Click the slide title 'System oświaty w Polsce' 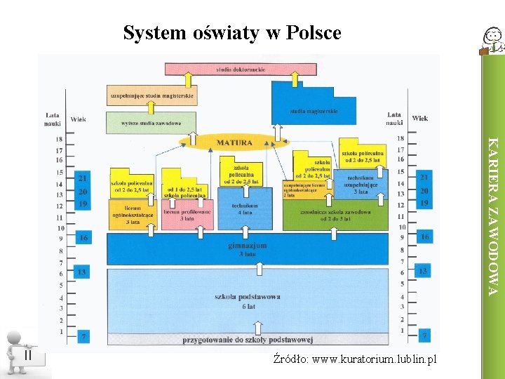click(232, 32)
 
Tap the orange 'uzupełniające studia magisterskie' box click(152, 95)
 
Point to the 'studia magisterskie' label click(314, 110)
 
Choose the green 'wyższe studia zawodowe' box click(151, 123)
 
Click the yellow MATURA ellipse click(234, 142)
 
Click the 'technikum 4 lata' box click(245, 208)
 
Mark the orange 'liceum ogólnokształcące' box click(132, 213)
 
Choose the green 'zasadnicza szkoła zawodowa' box click(335, 214)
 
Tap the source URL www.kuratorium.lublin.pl click(355, 359)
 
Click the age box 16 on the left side click(83, 238)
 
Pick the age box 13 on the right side click(423, 271)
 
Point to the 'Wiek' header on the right click(420, 118)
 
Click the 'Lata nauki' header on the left click(53, 119)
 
